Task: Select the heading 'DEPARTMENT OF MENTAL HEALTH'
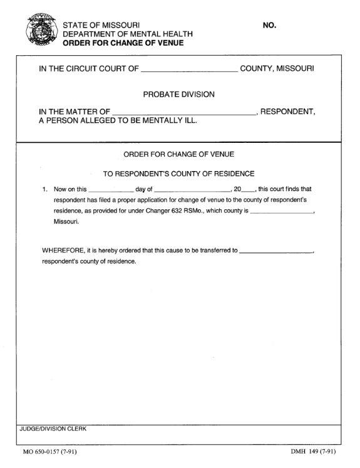(128, 34)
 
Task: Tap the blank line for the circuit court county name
(190, 68)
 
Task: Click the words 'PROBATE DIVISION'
(179, 95)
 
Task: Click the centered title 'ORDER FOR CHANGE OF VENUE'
(179, 154)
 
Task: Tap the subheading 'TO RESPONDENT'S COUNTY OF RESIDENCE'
(179, 173)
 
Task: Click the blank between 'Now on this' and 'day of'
(111, 189)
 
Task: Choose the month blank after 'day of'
(192, 189)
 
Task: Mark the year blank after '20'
(248, 189)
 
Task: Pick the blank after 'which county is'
(282, 212)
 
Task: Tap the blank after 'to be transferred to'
(275, 251)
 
